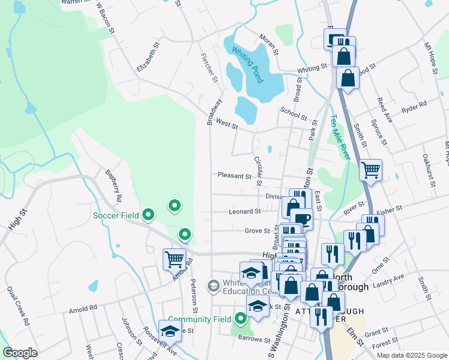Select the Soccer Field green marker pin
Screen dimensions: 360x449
(149, 214)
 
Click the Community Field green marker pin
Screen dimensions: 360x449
(241, 319)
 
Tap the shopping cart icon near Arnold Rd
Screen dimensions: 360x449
(174, 259)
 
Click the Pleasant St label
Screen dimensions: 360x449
(235, 176)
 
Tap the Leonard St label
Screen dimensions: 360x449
(244, 211)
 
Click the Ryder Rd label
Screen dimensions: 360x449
(414, 106)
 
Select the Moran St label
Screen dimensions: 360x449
(268, 44)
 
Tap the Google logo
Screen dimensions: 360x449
(20, 353)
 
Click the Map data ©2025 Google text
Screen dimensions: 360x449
(411, 355)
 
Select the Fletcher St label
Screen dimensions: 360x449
(211, 66)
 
